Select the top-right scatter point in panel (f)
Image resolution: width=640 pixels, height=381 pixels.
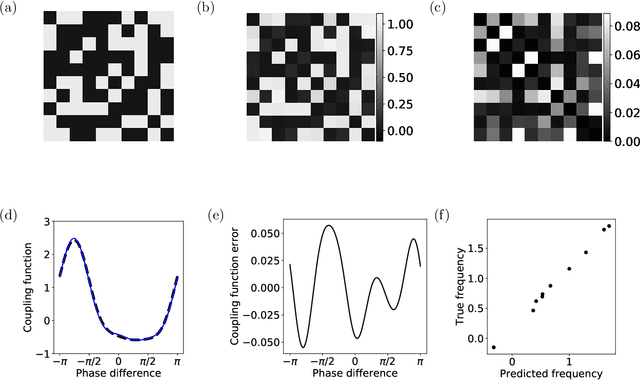tap(609, 225)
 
